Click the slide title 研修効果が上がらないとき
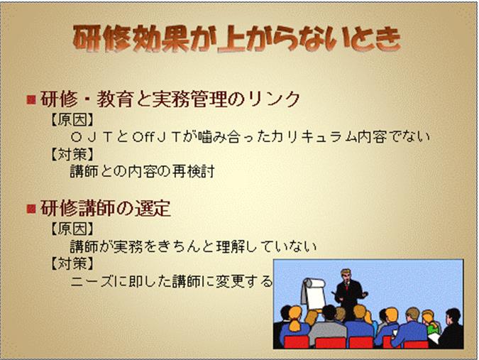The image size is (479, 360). pyautogui.click(x=236, y=38)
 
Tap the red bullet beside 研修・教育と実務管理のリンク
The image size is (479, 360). pyautogui.click(x=31, y=99)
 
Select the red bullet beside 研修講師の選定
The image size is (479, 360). pyautogui.click(x=31, y=209)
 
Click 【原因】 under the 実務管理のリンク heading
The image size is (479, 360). pyautogui.click(x=72, y=119)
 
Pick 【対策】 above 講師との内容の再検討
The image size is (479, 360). pyautogui.click(x=72, y=154)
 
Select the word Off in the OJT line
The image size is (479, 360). pyautogui.click(x=143, y=136)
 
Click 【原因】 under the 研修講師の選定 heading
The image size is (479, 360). pyautogui.click(x=72, y=229)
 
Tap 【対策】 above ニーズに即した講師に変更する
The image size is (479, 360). pyautogui.click(x=72, y=263)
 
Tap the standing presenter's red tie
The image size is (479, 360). pyautogui.click(x=347, y=287)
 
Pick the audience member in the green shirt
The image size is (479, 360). pyautogui.click(x=431, y=323)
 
